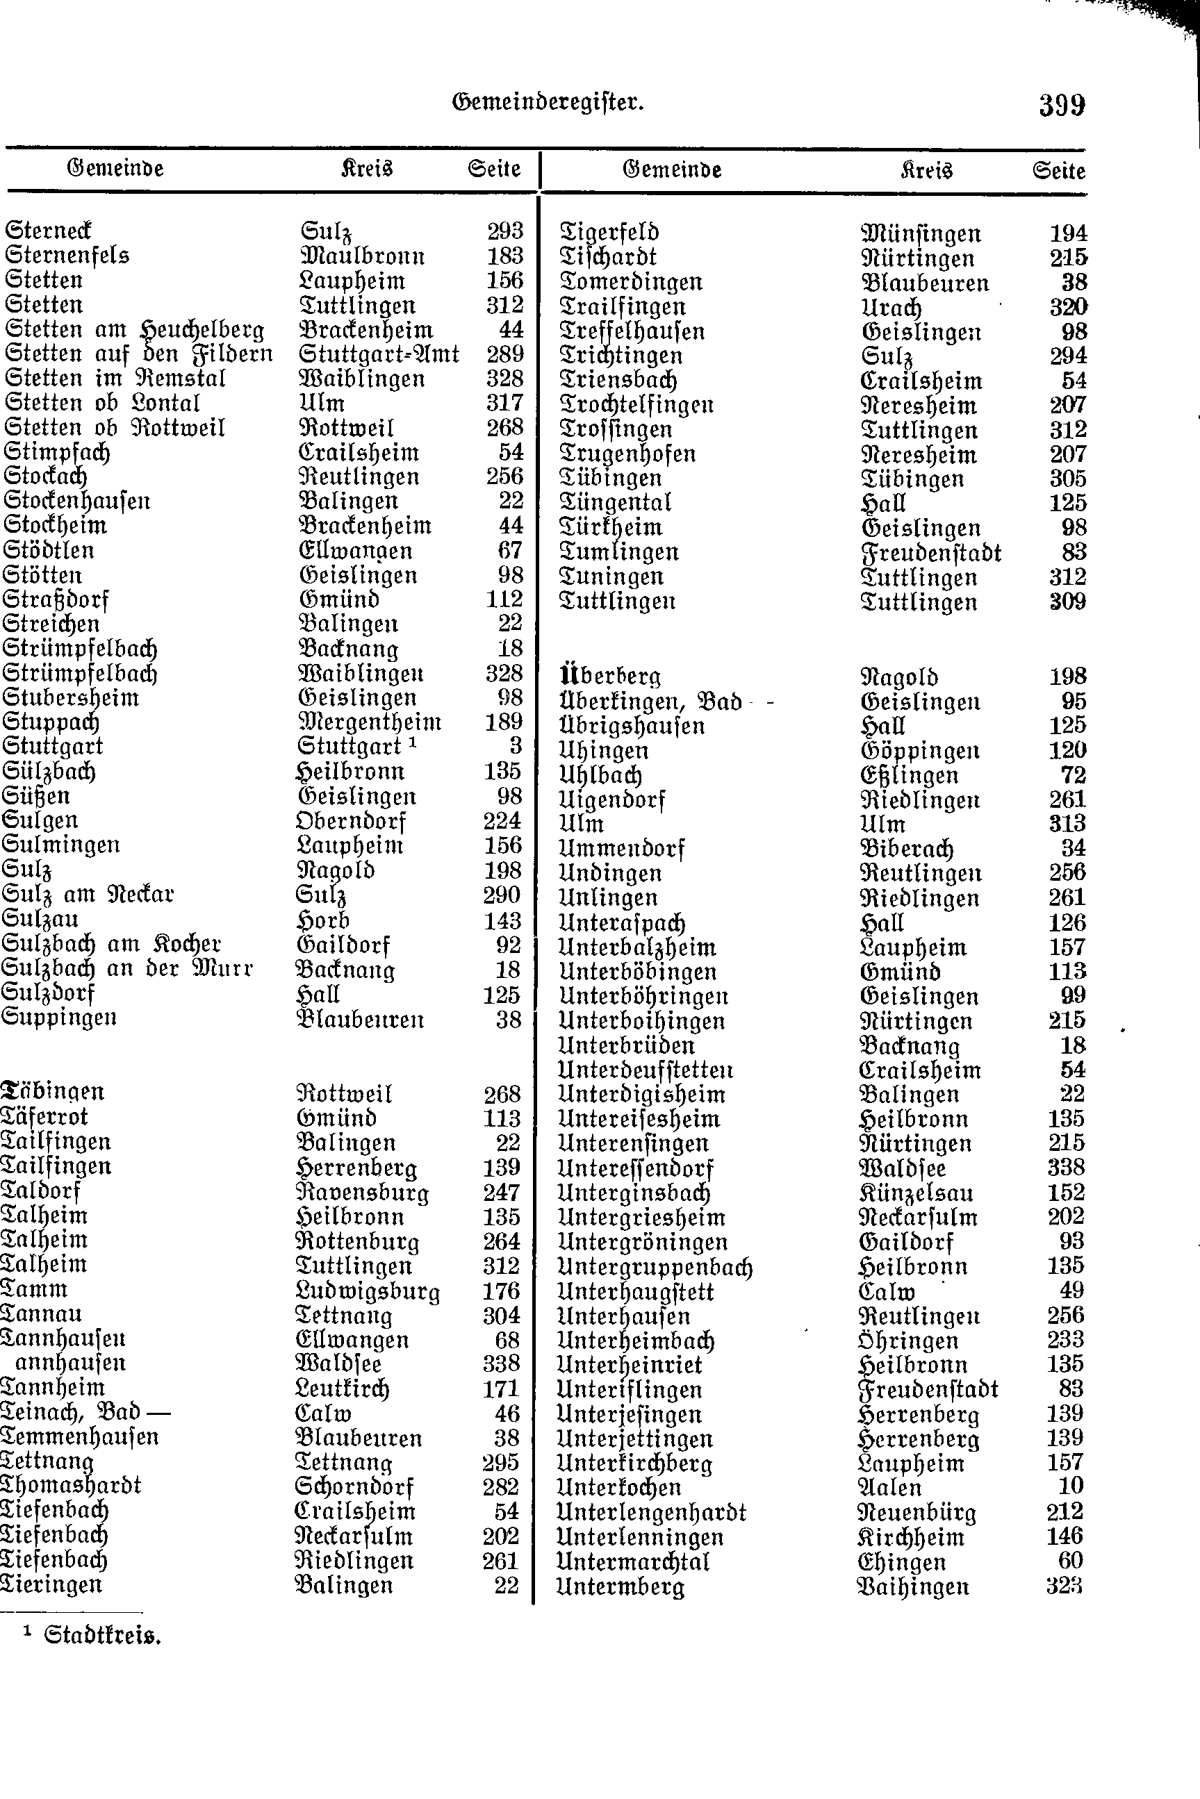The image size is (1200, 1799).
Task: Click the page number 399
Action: [x=1062, y=105]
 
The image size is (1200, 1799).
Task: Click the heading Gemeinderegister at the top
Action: [x=548, y=101]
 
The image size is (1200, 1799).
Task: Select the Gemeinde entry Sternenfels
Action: [x=67, y=255]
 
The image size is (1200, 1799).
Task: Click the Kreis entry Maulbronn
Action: [x=362, y=256]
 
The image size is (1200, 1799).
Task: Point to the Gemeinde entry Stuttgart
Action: [x=53, y=746]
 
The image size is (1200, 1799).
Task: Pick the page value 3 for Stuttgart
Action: [x=515, y=746]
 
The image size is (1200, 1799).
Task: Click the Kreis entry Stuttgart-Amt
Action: [x=379, y=354]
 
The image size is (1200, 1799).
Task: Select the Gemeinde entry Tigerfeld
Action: [x=609, y=233]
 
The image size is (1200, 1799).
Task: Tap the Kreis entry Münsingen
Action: [x=921, y=234]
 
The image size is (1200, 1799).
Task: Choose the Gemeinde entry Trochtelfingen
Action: [x=636, y=405]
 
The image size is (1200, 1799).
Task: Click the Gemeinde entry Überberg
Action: [x=611, y=676]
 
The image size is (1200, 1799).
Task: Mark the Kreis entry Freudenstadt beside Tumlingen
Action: [x=931, y=552]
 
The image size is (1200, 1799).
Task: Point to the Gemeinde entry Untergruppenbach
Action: [x=655, y=1268]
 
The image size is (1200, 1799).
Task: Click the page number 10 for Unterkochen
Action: [x=1071, y=1486]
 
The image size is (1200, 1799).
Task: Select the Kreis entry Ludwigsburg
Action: [x=368, y=1291]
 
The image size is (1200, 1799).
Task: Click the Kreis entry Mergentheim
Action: [x=369, y=722]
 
